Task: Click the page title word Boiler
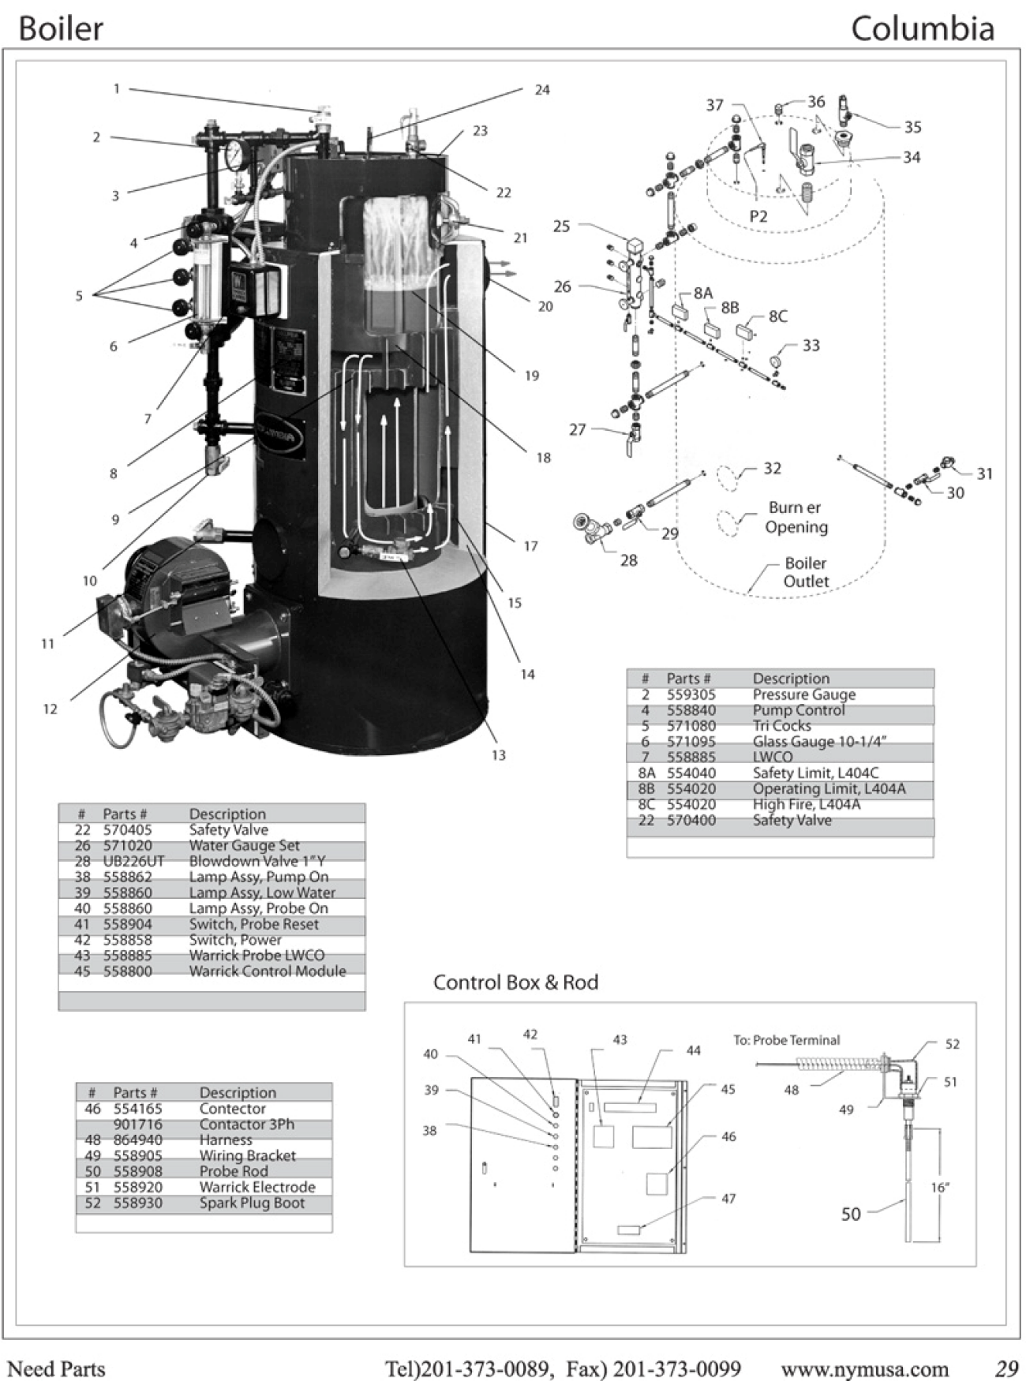61,29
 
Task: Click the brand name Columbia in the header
922,29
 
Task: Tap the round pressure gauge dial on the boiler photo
234,155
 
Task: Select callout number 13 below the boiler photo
498,755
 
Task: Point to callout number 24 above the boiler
542,90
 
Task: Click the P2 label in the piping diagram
758,216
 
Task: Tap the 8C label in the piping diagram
777,316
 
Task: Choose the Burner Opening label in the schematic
796,518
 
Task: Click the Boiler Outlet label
805,572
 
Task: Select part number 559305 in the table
691,694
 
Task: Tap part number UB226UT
133,861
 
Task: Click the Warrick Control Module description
268,971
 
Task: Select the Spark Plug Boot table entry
252,1203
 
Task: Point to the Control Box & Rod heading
515,982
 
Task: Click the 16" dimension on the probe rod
939,1188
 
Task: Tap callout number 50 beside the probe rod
851,1214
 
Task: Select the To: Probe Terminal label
787,1040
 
